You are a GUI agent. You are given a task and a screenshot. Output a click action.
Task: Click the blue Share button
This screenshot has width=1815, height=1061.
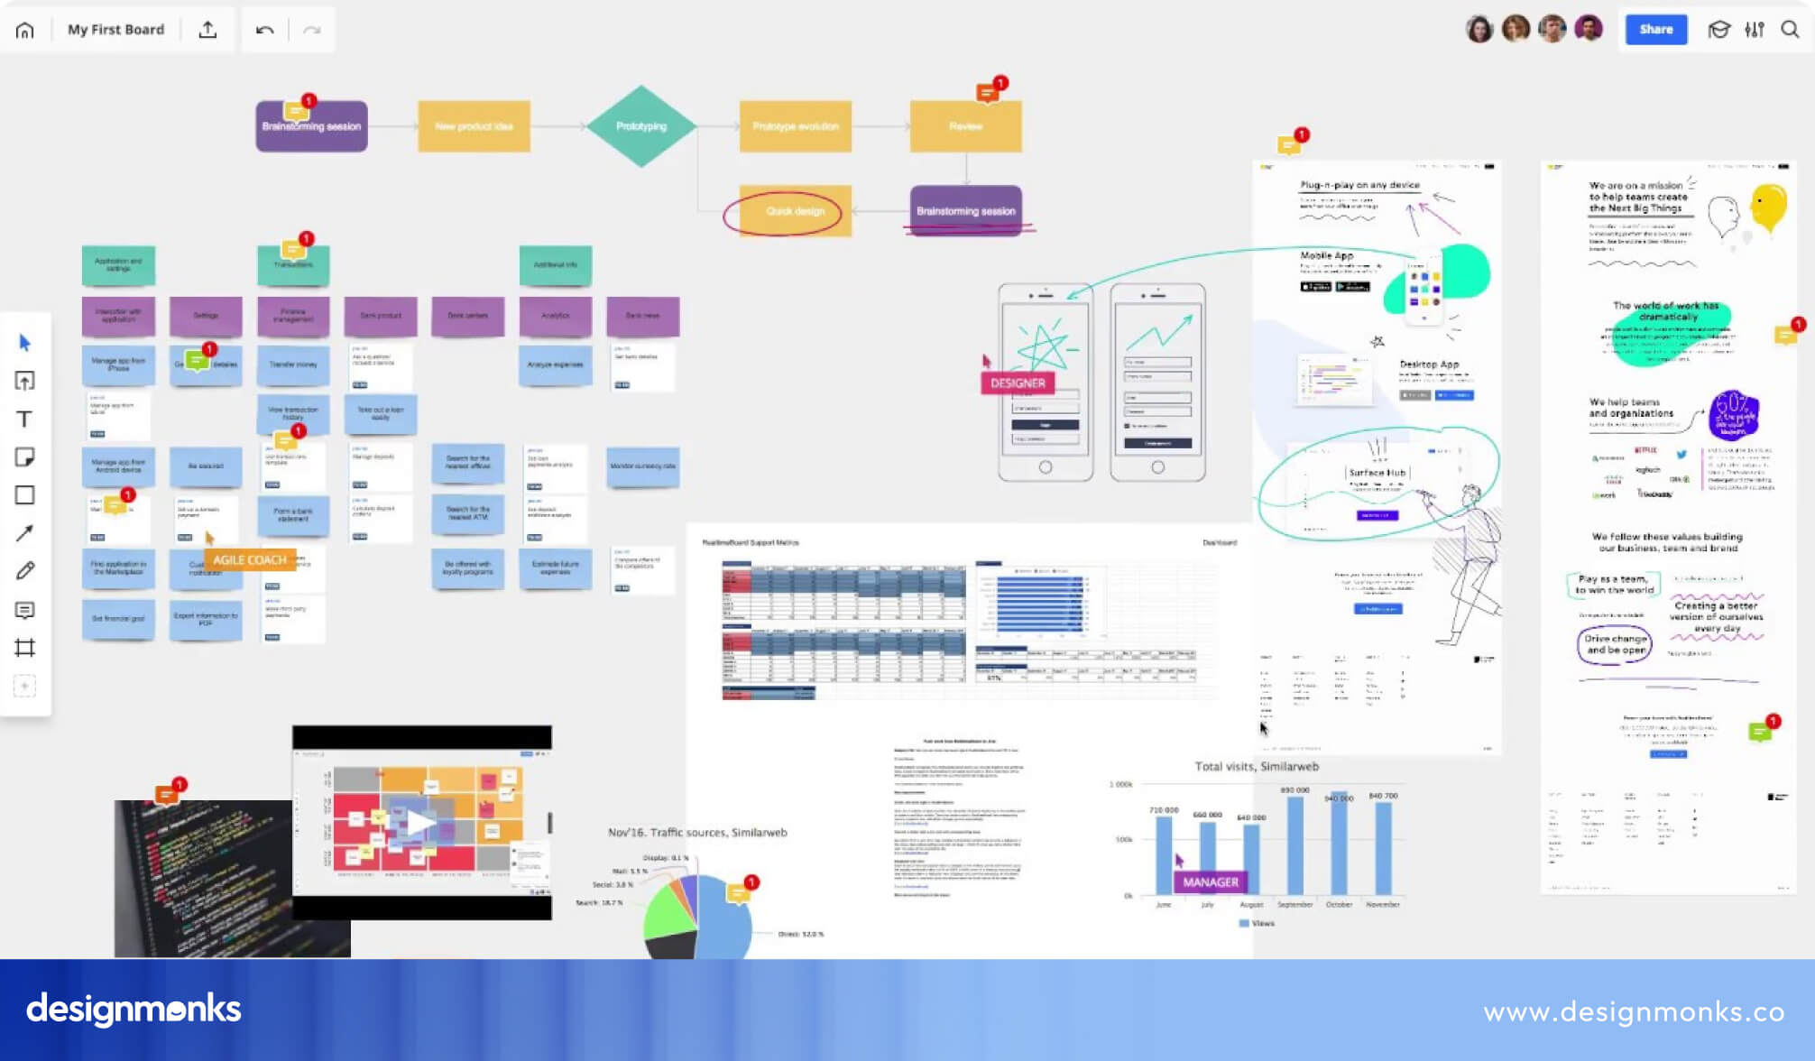click(1655, 30)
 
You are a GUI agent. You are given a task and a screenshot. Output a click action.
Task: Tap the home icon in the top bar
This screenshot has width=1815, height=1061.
click(25, 31)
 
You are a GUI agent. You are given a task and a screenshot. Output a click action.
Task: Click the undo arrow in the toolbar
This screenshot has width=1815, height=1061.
click(264, 31)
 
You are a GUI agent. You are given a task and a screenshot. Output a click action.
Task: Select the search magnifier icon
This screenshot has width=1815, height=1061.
click(1790, 30)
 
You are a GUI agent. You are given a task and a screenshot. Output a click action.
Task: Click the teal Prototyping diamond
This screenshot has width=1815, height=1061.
click(641, 126)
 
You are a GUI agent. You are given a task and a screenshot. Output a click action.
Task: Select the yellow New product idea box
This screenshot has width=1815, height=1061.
click(474, 126)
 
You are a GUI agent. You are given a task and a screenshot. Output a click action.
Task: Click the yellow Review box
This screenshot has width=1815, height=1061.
click(965, 126)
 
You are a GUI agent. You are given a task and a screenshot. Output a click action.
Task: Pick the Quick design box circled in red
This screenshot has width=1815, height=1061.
click(795, 211)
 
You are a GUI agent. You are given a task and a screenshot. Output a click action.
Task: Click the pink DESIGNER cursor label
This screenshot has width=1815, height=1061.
click(1018, 383)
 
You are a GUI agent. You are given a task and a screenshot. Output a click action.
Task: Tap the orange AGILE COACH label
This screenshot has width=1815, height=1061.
click(250, 560)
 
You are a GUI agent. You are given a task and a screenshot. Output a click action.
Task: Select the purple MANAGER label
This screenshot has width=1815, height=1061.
click(1211, 882)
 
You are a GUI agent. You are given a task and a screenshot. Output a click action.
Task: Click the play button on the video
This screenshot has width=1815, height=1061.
click(420, 822)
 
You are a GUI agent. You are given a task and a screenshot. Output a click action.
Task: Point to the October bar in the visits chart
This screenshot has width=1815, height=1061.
click(1339, 848)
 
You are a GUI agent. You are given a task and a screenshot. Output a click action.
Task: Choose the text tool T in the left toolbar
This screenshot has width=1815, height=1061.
click(25, 420)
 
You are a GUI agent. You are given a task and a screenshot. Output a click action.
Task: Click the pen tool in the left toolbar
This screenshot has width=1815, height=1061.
click(25, 571)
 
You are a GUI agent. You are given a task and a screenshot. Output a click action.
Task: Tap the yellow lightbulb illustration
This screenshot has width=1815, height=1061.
click(1768, 207)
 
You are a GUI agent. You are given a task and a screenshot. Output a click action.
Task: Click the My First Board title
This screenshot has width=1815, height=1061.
click(116, 30)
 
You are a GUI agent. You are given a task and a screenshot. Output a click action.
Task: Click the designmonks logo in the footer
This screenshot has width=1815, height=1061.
click(134, 1010)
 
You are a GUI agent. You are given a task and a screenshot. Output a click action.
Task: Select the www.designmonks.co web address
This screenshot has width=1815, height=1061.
click(1634, 1012)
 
